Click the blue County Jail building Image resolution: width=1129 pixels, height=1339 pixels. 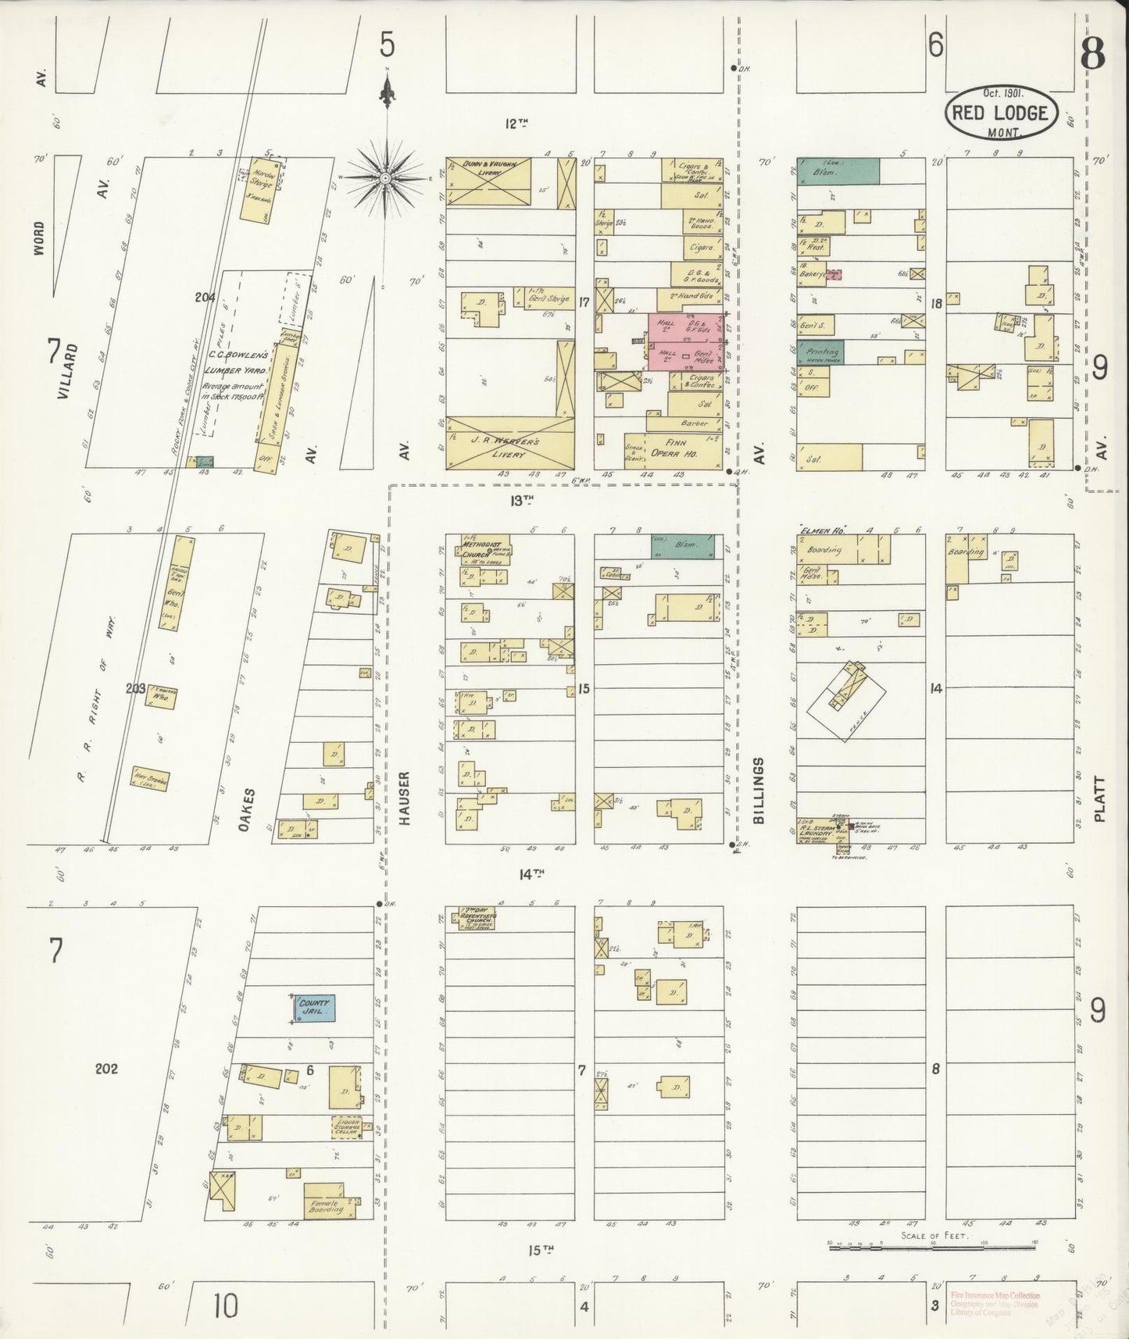click(314, 1008)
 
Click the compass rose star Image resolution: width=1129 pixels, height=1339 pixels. click(385, 179)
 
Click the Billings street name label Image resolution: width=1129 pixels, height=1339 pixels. click(758, 790)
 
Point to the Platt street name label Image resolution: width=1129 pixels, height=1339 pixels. click(1100, 798)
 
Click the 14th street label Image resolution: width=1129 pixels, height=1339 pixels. click(530, 875)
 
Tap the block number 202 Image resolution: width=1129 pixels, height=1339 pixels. click(106, 1068)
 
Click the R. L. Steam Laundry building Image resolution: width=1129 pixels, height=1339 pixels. click(816, 831)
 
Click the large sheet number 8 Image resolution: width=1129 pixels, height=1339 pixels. click(1091, 55)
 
